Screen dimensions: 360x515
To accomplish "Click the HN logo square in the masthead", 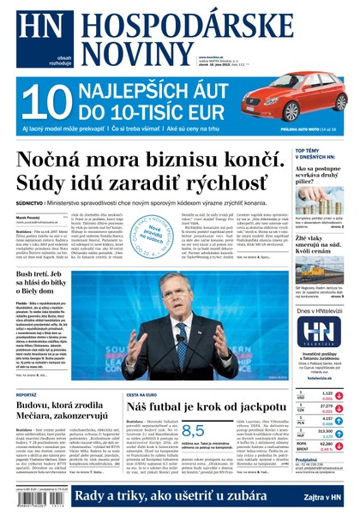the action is click(x=30, y=27).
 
